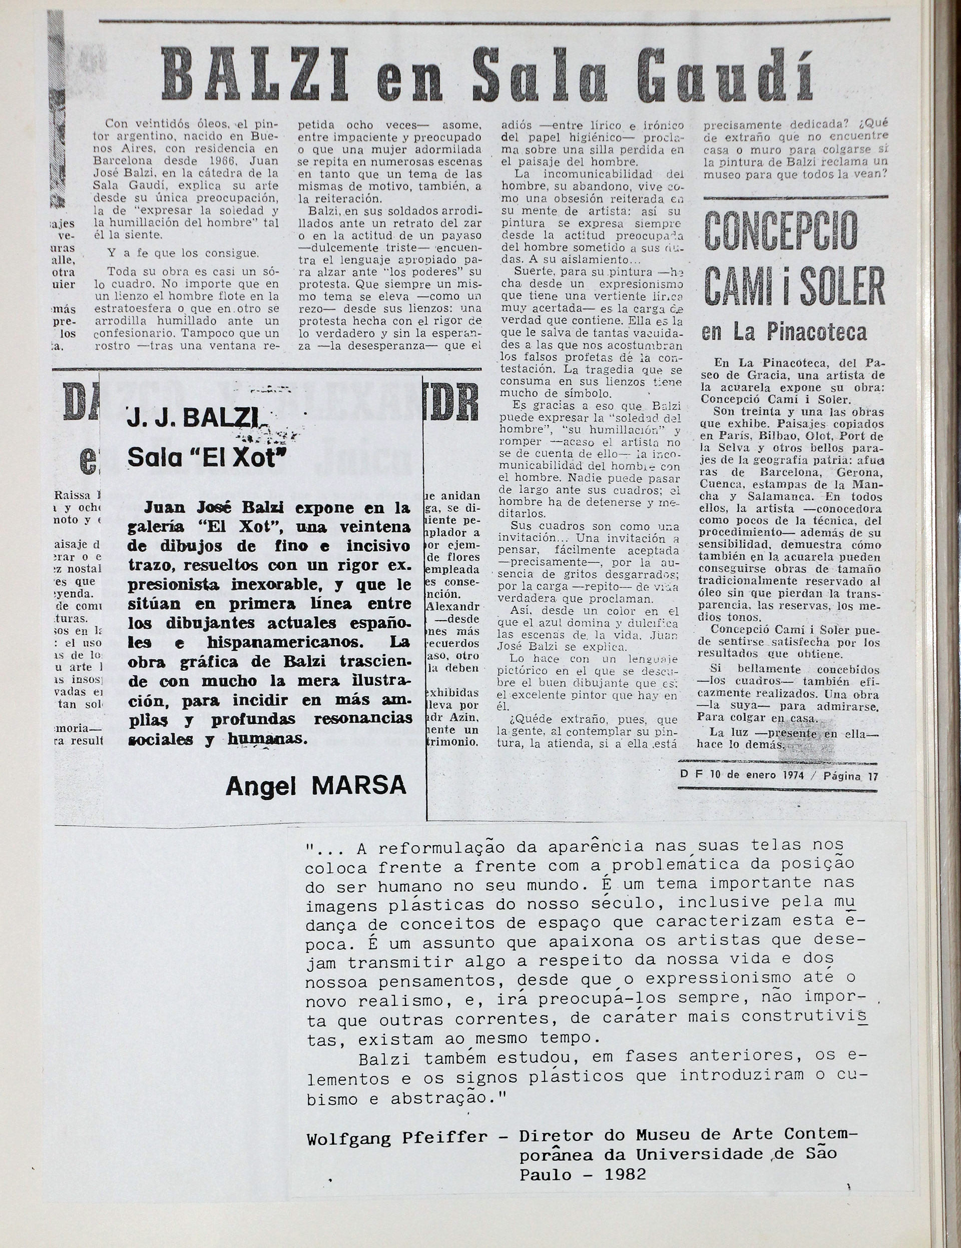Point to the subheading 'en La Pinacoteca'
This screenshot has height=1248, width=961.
784,333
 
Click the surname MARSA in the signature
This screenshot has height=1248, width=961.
359,786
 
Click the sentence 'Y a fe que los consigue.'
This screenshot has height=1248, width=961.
182,253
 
